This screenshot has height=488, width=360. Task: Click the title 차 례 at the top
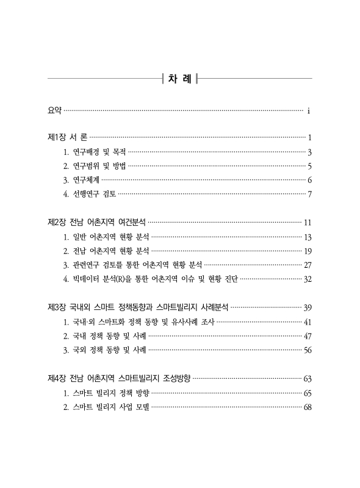tap(180, 79)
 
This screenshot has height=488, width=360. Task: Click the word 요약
tap(54, 110)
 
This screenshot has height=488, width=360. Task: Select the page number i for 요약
tap(309, 111)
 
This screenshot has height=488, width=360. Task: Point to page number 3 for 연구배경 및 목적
tap(310, 152)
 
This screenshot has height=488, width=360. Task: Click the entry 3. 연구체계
tap(81, 180)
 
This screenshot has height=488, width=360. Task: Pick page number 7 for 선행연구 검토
tap(310, 195)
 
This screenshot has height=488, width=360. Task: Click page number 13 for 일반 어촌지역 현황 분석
tap(308, 237)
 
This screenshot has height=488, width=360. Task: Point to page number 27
tap(308, 265)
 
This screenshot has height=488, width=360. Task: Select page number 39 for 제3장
tap(308, 307)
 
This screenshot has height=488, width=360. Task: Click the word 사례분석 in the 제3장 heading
tap(212, 307)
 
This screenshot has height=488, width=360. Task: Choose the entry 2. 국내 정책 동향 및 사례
tap(104, 335)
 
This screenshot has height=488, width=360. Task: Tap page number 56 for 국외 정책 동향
tap(308, 350)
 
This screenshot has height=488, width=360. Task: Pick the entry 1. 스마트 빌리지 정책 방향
tap(106, 392)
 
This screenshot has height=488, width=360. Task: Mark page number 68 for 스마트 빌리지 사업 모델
tap(308, 407)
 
